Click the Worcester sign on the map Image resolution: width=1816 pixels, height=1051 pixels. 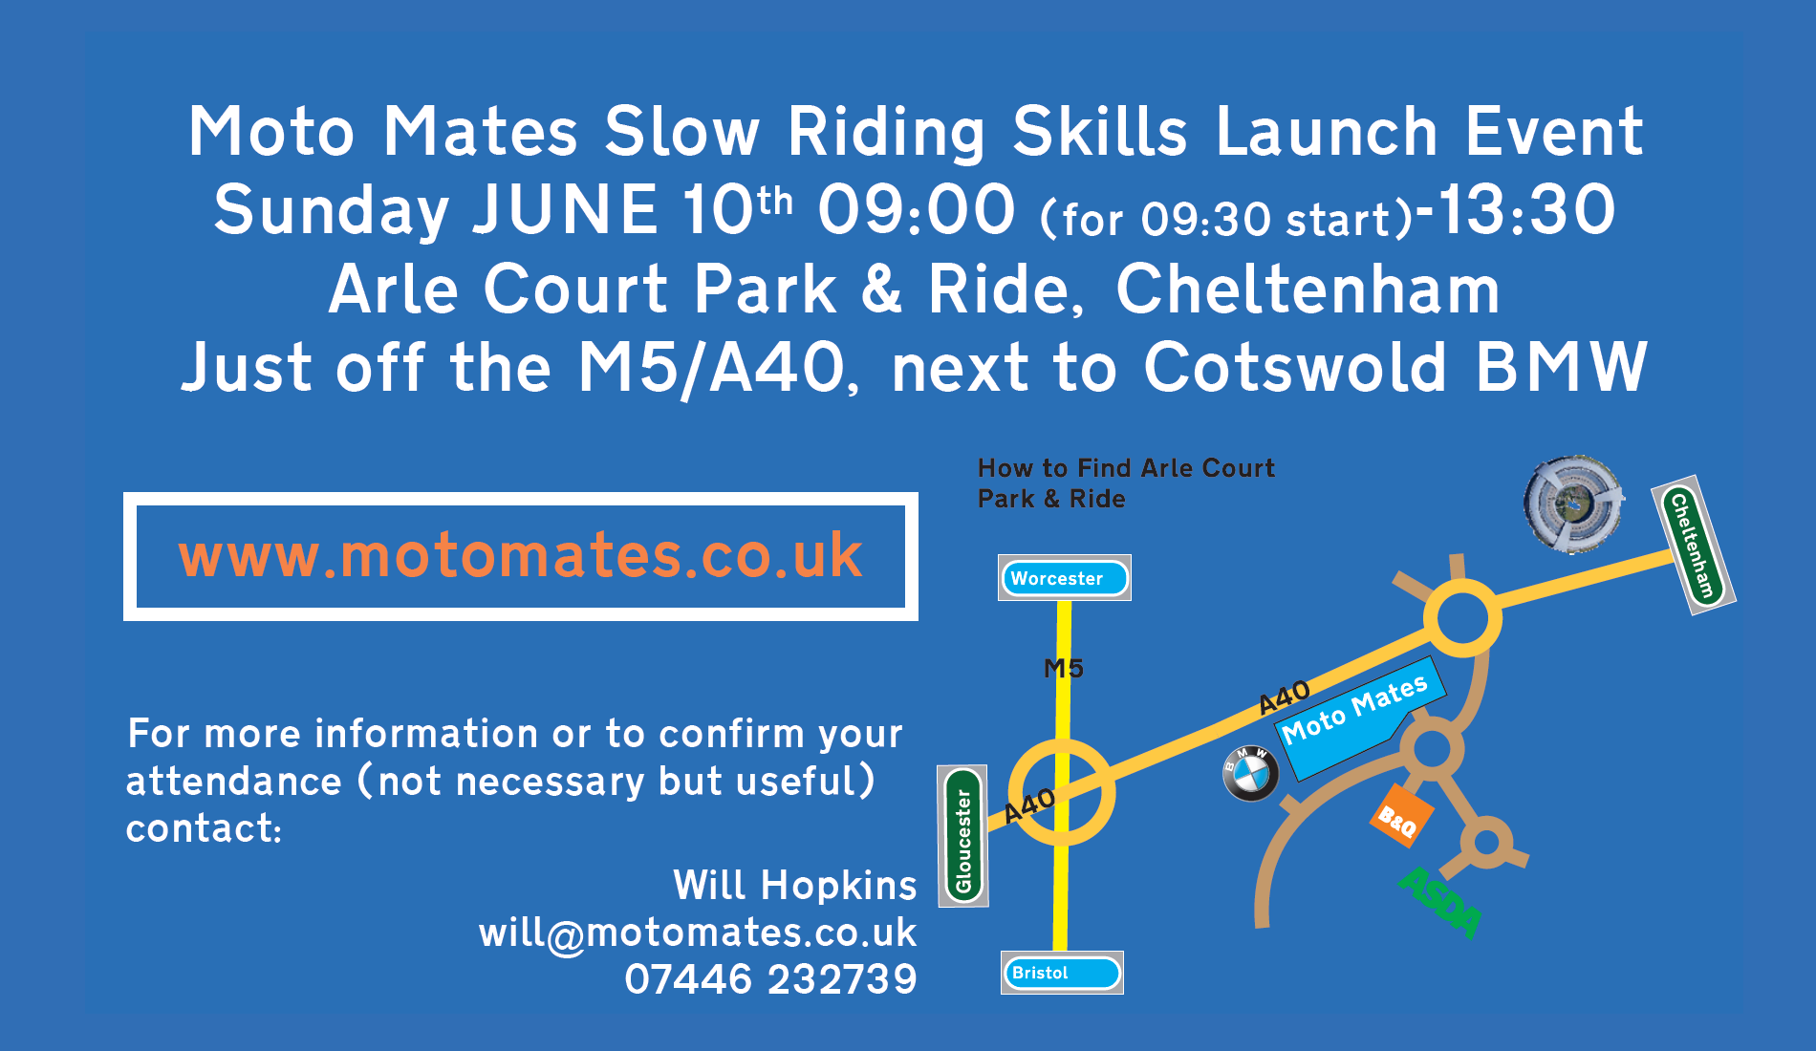point(1065,578)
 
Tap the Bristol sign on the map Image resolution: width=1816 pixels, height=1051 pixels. point(1062,973)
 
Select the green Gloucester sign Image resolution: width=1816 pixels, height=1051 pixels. point(963,836)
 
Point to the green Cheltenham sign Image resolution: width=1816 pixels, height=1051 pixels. point(1694,546)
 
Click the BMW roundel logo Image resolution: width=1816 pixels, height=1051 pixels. point(1251,773)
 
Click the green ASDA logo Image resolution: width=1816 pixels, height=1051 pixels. point(1440,903)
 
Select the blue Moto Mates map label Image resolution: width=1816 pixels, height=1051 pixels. point(1360,717)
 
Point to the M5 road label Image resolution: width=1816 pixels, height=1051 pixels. point(1064,669)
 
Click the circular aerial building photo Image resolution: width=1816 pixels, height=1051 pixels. point(1573,504)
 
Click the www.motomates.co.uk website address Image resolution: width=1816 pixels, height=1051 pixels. point(521,556)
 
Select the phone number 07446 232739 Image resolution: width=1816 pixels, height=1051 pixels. point(770,979)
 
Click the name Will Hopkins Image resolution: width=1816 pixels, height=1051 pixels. point(795,886)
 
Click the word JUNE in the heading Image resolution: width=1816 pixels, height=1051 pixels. point(566,210)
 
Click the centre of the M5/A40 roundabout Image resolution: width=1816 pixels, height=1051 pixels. point(1062,792)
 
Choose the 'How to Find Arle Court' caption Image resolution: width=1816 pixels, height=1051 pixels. point(1126,468)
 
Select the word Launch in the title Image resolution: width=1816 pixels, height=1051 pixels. point(1327,132)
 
